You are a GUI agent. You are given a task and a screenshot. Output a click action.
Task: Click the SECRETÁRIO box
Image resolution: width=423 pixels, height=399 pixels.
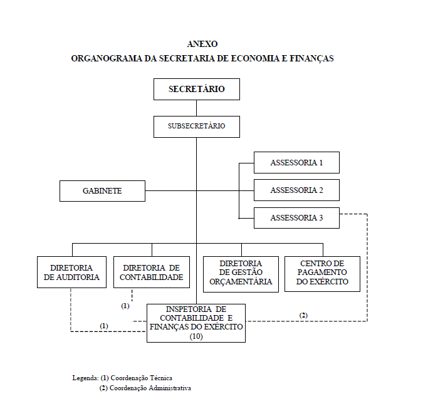pos(197,89)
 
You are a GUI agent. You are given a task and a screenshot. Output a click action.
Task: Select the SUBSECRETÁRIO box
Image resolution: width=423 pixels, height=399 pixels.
pos(197,127)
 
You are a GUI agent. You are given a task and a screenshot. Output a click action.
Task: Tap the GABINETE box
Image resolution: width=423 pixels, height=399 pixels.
pos(102,191)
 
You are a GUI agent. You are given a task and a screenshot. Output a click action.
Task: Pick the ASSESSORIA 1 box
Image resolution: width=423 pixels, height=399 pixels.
pos(296,163)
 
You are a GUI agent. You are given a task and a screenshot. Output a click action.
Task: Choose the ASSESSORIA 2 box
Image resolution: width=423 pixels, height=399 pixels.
pos(296,190)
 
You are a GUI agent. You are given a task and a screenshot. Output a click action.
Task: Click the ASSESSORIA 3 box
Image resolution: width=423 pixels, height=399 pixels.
pos(296,218)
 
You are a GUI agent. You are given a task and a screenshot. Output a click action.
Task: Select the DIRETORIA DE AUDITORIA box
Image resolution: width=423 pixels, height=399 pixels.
pos(71,272)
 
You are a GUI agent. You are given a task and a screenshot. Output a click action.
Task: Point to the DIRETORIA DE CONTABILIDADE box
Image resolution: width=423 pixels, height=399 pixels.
pos(152,272)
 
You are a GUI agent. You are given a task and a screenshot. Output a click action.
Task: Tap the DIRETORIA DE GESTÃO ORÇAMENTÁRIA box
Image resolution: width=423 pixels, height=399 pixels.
pos(241,274)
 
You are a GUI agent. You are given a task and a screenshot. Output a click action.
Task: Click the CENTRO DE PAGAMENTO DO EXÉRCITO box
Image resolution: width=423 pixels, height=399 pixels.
pos(322,274)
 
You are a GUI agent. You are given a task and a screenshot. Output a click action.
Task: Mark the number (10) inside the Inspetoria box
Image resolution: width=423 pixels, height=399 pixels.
pos(196,336)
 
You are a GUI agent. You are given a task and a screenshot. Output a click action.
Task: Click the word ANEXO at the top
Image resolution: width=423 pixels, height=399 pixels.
pos(202,44)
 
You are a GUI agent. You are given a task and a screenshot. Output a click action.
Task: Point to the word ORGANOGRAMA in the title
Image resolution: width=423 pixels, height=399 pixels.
pos(107,58)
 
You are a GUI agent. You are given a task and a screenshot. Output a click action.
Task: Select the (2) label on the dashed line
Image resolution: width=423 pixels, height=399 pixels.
pos(303,315)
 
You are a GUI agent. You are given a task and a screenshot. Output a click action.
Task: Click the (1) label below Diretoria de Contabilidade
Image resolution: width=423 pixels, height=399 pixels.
pos(125,306)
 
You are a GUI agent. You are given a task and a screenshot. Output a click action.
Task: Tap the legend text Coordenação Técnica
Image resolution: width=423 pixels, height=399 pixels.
pos(142,378)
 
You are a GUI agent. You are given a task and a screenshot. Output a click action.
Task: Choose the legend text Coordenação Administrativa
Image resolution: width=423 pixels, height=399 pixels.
pos(150,388)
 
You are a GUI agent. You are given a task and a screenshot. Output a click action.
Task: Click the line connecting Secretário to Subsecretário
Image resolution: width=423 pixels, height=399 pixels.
pos(196,108)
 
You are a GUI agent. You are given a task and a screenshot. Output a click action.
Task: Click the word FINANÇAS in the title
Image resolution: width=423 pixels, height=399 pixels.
pos(311,58)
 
